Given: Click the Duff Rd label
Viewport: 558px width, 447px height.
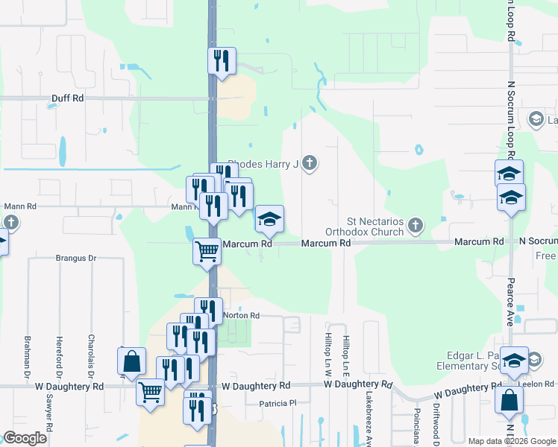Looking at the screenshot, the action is pyautogui.click(x=67, y=98).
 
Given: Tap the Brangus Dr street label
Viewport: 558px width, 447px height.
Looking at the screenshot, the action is pyautogui.click(x=76, y=259).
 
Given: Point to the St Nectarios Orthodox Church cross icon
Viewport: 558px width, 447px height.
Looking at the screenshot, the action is pyautogui.click(x=416, y=224).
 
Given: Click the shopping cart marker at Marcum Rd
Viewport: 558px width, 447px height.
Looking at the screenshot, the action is pyautogui.click(x=207, y=250).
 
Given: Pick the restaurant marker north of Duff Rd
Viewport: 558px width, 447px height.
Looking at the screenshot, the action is pyautogui.click(x=222, y=60).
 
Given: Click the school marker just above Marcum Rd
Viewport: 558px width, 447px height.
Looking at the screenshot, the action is pyautogui.click(x=269, y=218).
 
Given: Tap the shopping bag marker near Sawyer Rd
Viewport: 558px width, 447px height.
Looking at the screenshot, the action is pyautogui.click(x=131, y=361).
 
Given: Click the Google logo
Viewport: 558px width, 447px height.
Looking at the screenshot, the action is pyautogui.click(x=25, y=438).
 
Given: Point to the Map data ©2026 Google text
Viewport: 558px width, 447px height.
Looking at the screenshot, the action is pyautogui.click(x=512, y=441).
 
